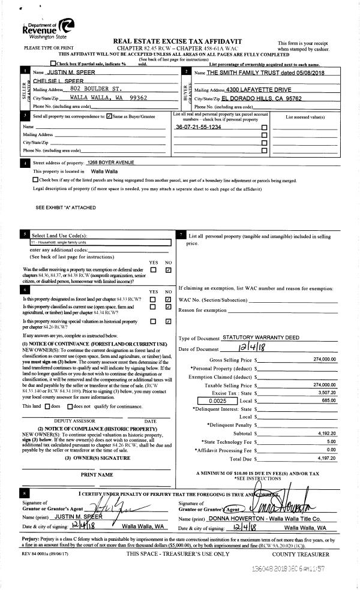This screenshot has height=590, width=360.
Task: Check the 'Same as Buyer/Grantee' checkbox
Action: click(x=109, y=116)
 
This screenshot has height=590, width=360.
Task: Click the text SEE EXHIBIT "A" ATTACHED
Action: click(x=65, y=207)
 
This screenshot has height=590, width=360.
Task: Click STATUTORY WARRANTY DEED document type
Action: click(x=260, y=338)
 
